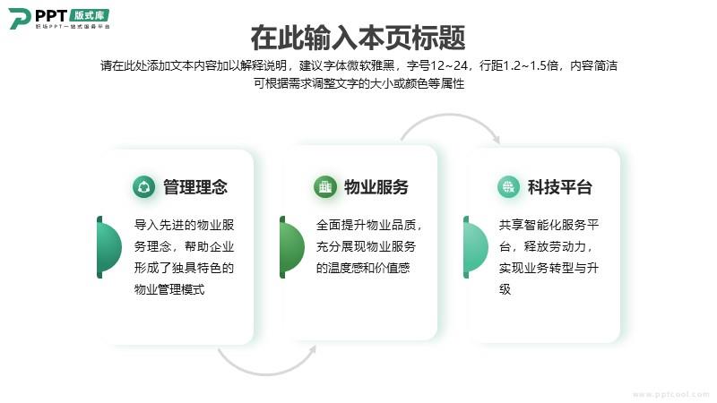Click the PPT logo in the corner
click(x=59, y=19)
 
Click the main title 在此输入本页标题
click(x=358, y=38)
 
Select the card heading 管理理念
click(x=195, y=187)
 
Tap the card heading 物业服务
click(x=376, y=187)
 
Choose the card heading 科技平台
click(x=559, y=187)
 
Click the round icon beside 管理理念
click(x=143, y=187)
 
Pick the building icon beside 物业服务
click(x=325, y=187)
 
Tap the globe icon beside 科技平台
click(x=508, y=187)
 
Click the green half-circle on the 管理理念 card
click(x=108, y=247)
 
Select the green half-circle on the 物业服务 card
click(x=292, y=247)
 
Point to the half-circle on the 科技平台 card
click(x=476, y=247)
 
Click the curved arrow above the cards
click(x=451, y=116)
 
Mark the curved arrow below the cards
click(x=266, y=373)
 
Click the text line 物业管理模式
click(x=169, y=289)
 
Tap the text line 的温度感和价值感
click(x=363, y=268)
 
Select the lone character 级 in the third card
click(x=505, y=289)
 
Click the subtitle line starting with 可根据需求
click(x=359, y=83)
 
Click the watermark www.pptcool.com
click(x=670, y=394)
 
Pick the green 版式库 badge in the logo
click(x=90, y=15)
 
